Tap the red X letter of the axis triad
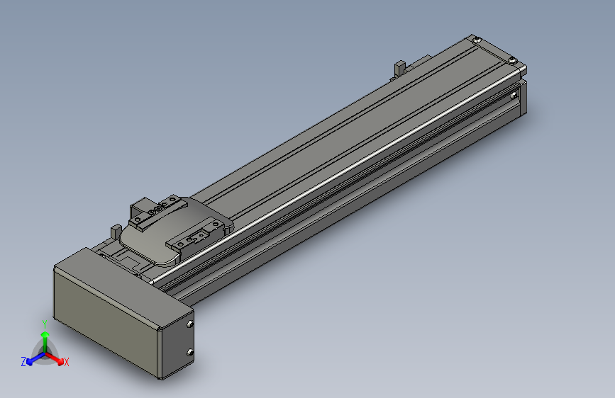pyautogui.click(x=67, y=363)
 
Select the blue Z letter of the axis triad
pyautogui.click(x=23, y=362)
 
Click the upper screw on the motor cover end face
pyautogui.click(x=189, y=324)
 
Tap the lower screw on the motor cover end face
pyautogui.click(x=189, y=352)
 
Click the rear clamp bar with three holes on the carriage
pyautogui.click(x=160, y=211)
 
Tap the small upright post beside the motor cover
pyautogui.click(x=114, y=232)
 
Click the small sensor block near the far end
pyautogui.click(x=399, y=69)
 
